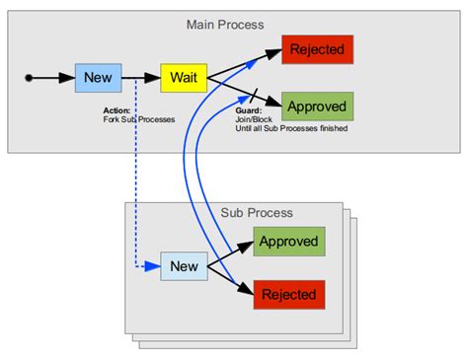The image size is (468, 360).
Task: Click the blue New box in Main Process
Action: [x=99, y=76]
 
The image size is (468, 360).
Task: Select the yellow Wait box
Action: [x=182, y=76]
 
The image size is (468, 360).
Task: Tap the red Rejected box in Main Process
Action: [x=317, y=48]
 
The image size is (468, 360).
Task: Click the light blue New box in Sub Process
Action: [x=185, y=265]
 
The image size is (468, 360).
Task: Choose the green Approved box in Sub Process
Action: [x=288, y=241]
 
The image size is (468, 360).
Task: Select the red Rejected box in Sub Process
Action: [x=288, y=294]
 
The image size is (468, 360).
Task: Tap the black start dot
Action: [x=29, y=76]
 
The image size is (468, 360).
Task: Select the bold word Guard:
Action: [x=248, y=111]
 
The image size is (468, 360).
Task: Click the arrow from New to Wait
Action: [x=141, y=76]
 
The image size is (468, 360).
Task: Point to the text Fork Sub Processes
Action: [x=139, y=119]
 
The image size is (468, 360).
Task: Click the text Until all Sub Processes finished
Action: [x=290, y=129]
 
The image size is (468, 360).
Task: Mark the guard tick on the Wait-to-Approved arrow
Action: [x=255, y=95]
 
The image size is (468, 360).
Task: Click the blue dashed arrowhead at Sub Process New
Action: [x=154, y=265]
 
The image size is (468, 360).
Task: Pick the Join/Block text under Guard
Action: [x=254, y=120]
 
